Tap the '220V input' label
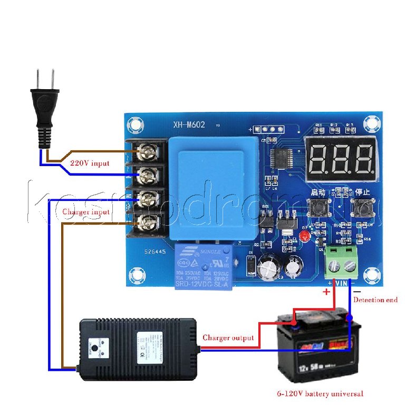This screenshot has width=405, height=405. pyautogui.click(x=90, y=163)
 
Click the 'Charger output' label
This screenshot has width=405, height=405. pyautogui.click(x=228, y=337)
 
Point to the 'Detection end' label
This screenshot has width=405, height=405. pyautogui.click(x=375, y=300)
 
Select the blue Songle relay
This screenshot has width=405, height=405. pyautogui.click(x=202, y=268)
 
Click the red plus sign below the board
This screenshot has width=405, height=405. pyautogui.click(x=326, y=292)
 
